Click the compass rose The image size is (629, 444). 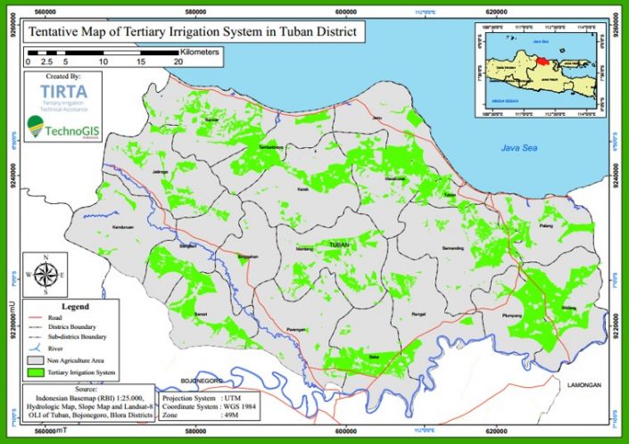[x=45, y=275]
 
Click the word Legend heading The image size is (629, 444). [x=87, y=304]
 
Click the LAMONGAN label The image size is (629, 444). [x=584, y=384]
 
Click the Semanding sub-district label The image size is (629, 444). [x=453, y=247]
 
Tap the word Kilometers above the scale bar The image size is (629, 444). [x=192, y=52]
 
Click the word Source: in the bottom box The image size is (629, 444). [x=87, y=390]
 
